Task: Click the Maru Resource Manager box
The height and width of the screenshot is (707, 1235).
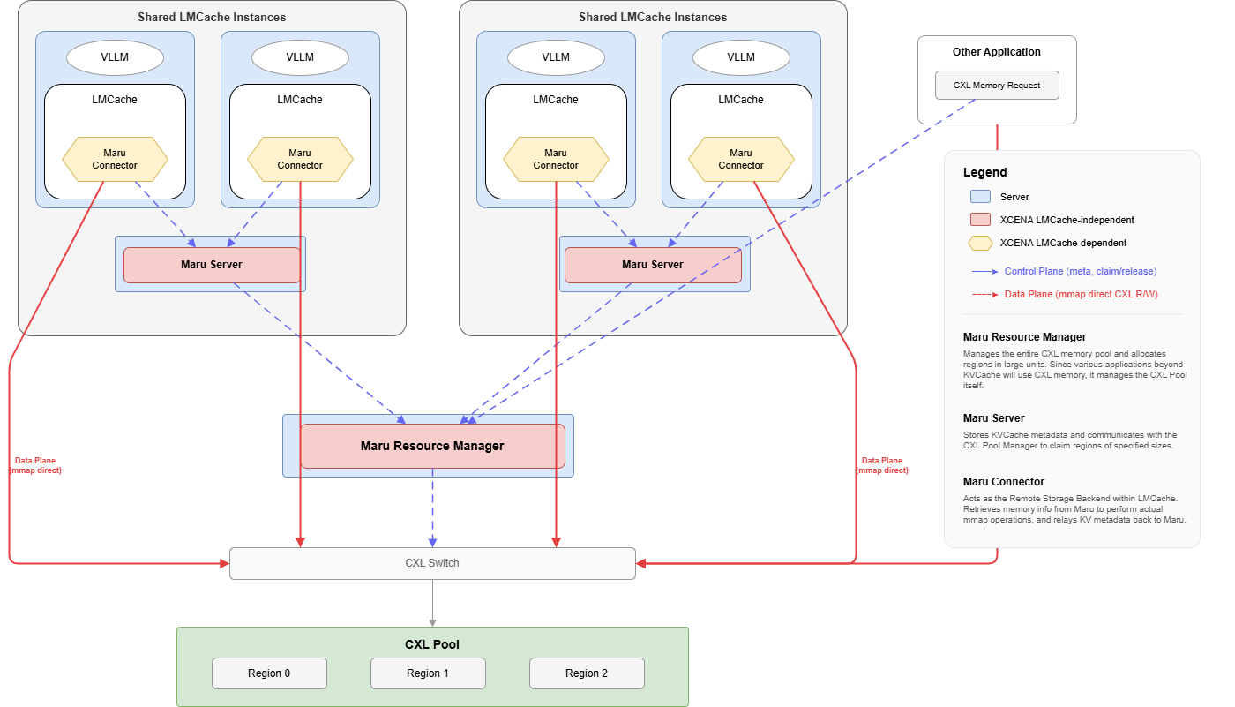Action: [432, 446]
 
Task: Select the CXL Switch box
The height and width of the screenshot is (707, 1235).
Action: [432, 563]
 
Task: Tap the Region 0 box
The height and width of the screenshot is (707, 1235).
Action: [269, 673]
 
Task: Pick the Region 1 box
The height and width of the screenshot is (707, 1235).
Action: [428, 673]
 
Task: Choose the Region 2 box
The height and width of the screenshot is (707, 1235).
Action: [587, 673]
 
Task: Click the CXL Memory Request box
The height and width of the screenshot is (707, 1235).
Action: [997, 86]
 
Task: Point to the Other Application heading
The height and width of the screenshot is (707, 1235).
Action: [997, 52]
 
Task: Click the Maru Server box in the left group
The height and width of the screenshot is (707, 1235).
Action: [212, 265]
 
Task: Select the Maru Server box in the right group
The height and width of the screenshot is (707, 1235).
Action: [653, 265]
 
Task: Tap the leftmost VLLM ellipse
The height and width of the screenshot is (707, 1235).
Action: [115, 57]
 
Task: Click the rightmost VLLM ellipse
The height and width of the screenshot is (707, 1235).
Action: [741, 57]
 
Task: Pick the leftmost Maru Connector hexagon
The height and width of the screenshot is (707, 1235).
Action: [115, 159]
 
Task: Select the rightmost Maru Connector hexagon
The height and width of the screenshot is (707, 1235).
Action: [741, 159]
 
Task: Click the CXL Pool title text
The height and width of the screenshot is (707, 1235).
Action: [432, 644]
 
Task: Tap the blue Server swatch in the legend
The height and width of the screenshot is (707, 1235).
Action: [979, 197]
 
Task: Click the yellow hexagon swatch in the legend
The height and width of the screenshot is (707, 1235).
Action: [979, 243]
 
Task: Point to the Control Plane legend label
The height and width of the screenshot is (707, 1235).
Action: [1080, 271]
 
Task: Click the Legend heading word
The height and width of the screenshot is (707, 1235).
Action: [984, 172]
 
